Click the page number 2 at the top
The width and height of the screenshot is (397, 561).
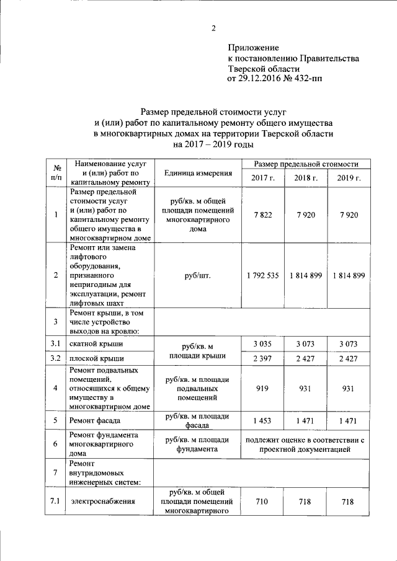pyautogui.click(x=213, y=28)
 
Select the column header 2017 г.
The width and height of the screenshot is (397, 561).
pyautogui.click(x=262, y=178)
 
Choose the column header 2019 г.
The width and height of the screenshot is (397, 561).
pyautogui.click(x=349, y=178)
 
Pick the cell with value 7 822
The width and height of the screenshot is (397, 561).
pyautogui.click(x=262, y=214)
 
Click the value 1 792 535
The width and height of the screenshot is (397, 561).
pyautogui.click(x=262, y=275)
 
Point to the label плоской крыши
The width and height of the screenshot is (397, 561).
pyautogui.click(x=97, y=358)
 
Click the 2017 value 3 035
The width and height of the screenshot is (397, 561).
pyautogui.click(x=262, y=343)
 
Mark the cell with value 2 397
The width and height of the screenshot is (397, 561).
pyautogui.click(x=262, y=358)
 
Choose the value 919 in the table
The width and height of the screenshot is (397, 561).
pyautogui.click(x=262, y=388)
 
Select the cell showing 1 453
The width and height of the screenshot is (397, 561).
pyautogui.click(x=262, y=420)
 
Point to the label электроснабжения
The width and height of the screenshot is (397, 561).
pyautogui.click(x=103, y=501)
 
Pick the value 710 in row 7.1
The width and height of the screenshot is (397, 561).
pyautogui.click(x=262, y=501)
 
